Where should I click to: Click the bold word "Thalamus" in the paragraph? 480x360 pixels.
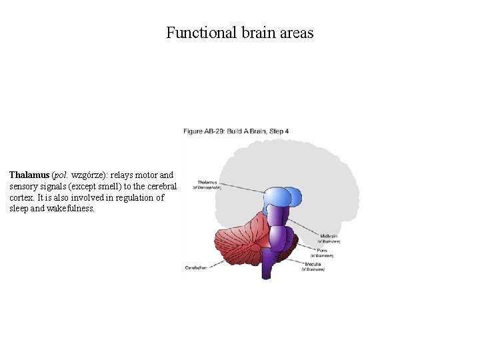coord(29,175)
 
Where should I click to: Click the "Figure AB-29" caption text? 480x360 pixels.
coord(203,131)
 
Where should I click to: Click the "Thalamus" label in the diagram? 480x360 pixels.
coord(207,182)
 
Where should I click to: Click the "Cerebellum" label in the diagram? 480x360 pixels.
coord(196,267)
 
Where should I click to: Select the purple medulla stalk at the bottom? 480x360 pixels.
coord(269,265)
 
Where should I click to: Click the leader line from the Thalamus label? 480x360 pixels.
coord(240,187)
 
